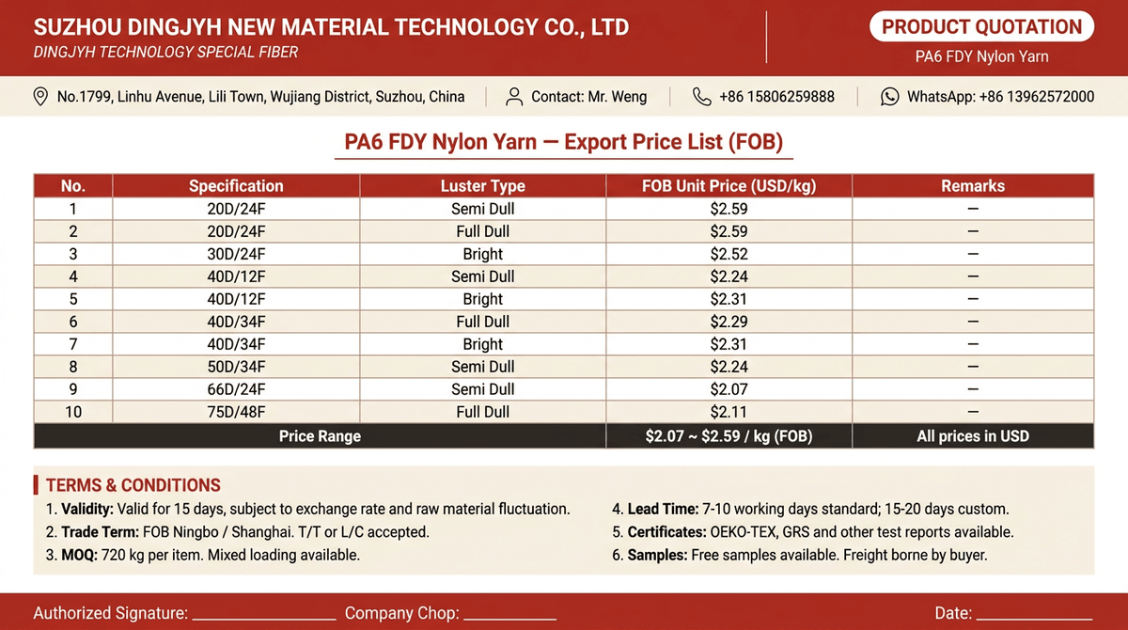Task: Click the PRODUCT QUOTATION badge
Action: (981, 26)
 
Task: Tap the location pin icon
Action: (40, 96)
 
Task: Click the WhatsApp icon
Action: (889, 96)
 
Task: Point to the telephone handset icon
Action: (701, 96)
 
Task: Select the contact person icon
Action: (513, 96)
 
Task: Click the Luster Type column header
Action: (482, 186)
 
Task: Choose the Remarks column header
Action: (973, 186)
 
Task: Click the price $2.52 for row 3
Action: (728, 254)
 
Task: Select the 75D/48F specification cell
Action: (236, 412)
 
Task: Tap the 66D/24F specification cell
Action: (236, 389)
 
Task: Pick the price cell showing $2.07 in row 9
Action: (728, 389)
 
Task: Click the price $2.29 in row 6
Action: (728, 322)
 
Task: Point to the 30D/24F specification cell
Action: (236, 254)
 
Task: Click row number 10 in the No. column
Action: (73, 412)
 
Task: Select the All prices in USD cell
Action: (973, 436)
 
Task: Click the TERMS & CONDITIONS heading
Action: (133, 485)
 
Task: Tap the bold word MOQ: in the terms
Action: (79, 555)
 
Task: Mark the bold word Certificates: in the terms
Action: (666, 532)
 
